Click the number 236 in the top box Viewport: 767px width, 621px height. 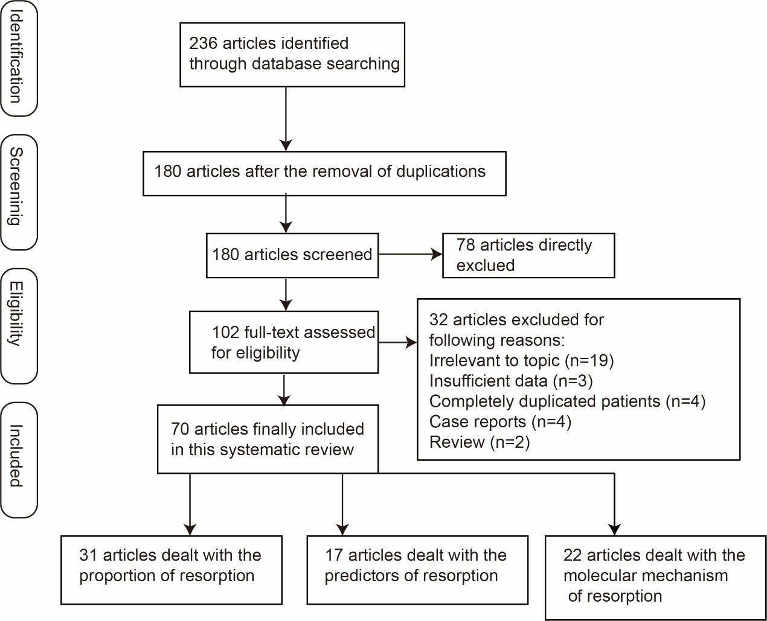click(x=203, y=43)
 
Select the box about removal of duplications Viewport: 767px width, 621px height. click(x=324, y=173)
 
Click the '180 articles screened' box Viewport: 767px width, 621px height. click(x=292, y=255)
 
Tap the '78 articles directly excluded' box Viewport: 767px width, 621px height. click(x=528, y=255)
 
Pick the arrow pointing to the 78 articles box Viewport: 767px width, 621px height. click(x=411, y=255)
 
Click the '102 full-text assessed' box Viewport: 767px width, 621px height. click(x=284, y=342)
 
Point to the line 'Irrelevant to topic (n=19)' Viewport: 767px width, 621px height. click(x=521, y=361)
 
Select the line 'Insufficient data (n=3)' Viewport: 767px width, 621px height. click(x=511, y=381)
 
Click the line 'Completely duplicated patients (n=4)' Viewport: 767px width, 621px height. click(x=567, y=401)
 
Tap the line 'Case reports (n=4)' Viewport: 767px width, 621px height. click(x=500, y=422)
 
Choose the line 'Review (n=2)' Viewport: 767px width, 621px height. click(x=479, y=442)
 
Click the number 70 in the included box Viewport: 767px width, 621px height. click(x=180, y=430)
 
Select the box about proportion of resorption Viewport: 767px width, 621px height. click(x=171, y=570)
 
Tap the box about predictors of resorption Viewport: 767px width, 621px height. click(x=417, y=570)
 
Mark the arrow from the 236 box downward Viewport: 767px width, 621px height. click(x=286, y=118)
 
